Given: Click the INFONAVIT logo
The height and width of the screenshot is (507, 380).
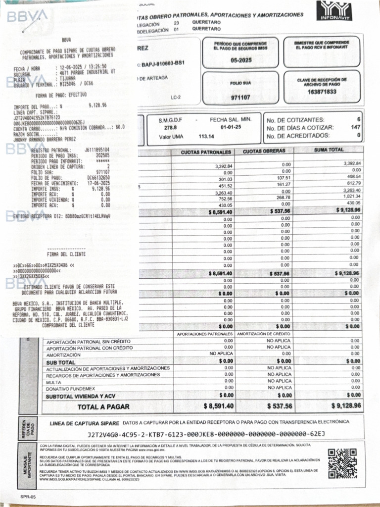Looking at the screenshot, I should [x=338, y=11].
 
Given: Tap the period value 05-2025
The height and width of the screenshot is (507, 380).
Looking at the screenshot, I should [x=241, y=60].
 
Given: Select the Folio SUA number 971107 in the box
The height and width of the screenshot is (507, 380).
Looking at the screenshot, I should [x=240, y=98].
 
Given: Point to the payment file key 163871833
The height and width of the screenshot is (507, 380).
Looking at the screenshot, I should [x=322, y=92].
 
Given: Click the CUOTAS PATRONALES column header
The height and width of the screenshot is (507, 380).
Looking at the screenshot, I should [x=206, y=152].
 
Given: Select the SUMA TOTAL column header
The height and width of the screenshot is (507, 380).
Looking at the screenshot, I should [x=329, y=150].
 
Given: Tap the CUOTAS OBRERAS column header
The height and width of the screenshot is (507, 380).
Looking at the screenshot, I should [x=265, y=151].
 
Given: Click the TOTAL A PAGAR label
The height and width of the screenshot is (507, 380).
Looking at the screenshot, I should [x=103, y=407].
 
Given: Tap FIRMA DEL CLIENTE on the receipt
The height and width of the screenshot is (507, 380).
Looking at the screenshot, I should [x=66, y=253].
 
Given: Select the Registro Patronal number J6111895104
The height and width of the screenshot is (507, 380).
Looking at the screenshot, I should [x=97, y=150].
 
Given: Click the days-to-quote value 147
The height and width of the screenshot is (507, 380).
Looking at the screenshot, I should [x=355, y=128].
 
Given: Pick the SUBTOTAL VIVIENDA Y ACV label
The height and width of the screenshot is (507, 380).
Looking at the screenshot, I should [x=81, y=397].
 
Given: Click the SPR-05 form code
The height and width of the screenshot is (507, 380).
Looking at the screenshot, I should [x=28, y=496].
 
